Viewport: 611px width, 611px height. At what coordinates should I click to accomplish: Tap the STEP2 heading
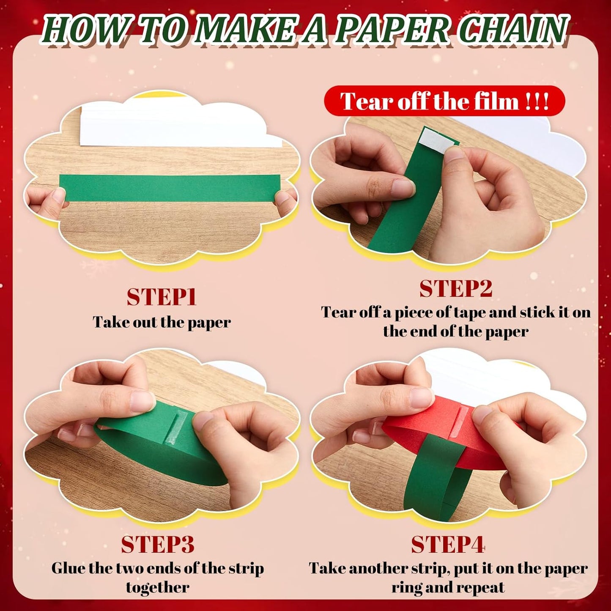(x=456, y=289)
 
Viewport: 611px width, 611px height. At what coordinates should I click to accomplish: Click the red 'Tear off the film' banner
(x=444, y=101)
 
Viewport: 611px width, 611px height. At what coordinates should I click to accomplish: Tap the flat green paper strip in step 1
(x=169, y=187)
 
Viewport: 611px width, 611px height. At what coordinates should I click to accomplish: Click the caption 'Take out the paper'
(x=162, y=322)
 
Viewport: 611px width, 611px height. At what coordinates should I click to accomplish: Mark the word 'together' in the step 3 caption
(x=157, y=587)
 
